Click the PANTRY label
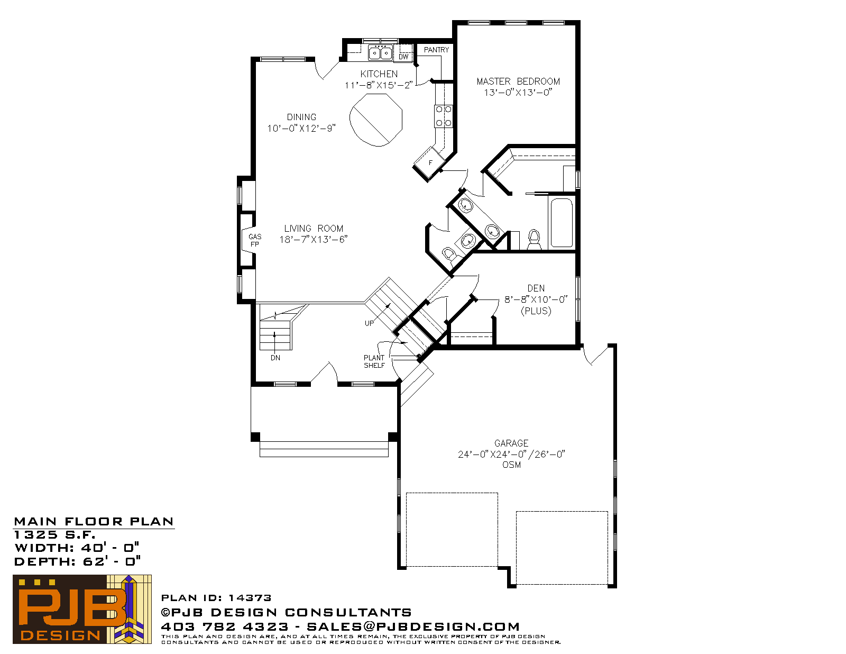click(436, 50)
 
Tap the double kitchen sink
click(380, 52)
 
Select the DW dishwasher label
click(403, 57)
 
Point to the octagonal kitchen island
click(376, 120)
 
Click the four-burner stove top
click(444, 116)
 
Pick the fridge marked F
click(429, 163)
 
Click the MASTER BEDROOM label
click(518, 81)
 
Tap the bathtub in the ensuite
click(562, 223)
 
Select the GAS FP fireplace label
click(255, 240)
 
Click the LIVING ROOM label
click(314, 228)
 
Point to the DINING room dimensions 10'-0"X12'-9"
click(301, 128)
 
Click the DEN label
click(536, 288)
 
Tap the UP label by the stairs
click(369, 323)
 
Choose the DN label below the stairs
click(275, 358)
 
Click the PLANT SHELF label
click(374, 361)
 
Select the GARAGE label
click(511, 443)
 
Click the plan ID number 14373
click(250, 598)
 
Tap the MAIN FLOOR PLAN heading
click(94, 522)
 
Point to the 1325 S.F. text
click(54, 534)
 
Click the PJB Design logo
click(82, 609)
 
